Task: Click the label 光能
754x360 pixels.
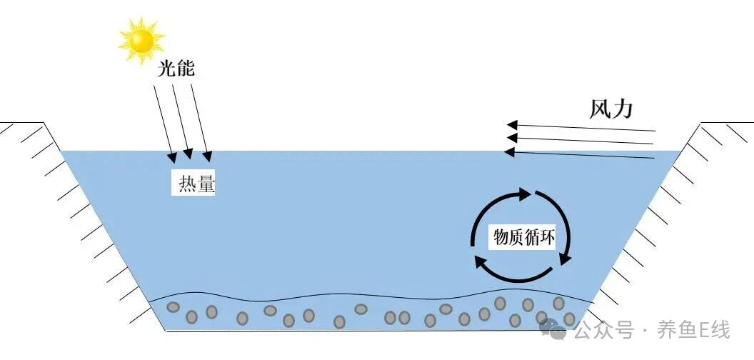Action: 176,69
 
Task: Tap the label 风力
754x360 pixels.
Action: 611,109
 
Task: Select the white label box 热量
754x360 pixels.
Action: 194,185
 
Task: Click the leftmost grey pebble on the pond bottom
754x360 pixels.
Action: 173,308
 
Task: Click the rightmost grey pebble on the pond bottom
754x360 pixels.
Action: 569,319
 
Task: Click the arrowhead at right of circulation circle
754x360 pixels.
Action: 565,257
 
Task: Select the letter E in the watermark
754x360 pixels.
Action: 700,331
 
